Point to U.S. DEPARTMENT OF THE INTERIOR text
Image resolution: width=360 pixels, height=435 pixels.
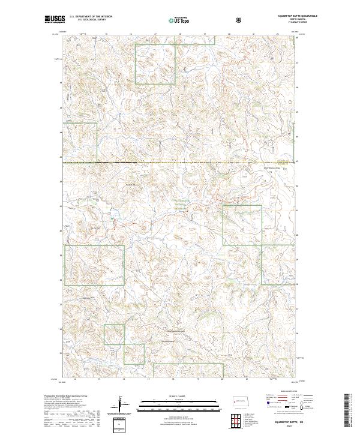[91, 16]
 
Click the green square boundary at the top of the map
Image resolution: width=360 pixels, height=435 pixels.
[155, 64]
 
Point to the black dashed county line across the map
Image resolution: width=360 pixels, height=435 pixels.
[180, 163]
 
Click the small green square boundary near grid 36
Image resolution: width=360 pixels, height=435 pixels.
[114, 334]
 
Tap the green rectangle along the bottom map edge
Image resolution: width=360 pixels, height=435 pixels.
[188, 371]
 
